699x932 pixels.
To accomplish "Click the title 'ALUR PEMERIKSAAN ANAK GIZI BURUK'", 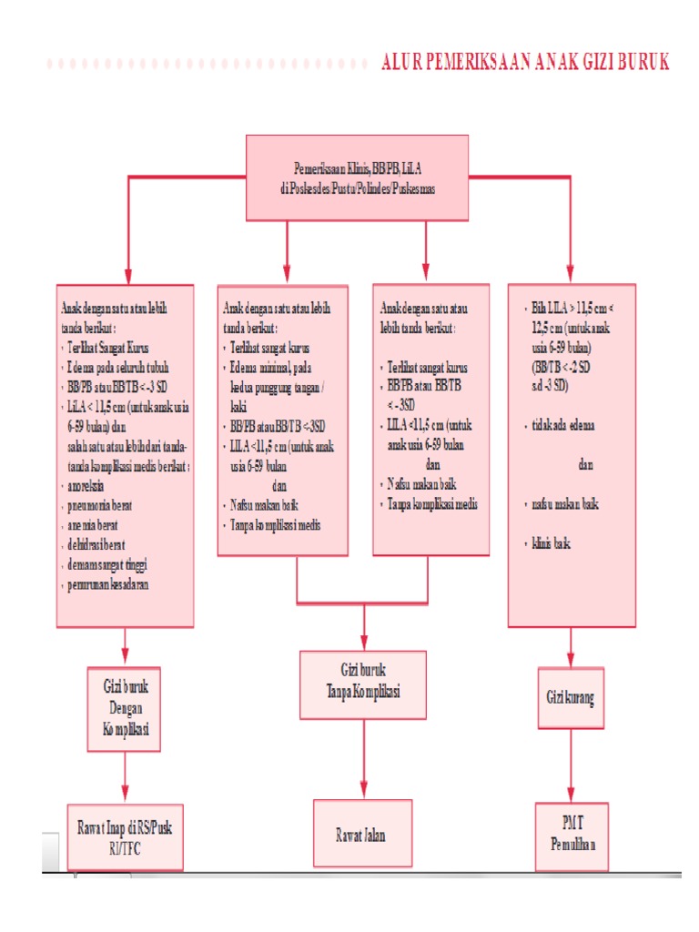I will click(525, 62).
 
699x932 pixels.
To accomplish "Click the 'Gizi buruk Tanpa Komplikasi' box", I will click(363, 684).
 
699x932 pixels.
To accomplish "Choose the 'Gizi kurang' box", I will click(571, 699).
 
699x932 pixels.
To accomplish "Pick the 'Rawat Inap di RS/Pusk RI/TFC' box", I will click(125, 836).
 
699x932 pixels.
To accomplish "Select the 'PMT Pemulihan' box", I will click(571, 836).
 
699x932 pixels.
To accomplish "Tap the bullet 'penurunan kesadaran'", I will click(107, 584).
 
